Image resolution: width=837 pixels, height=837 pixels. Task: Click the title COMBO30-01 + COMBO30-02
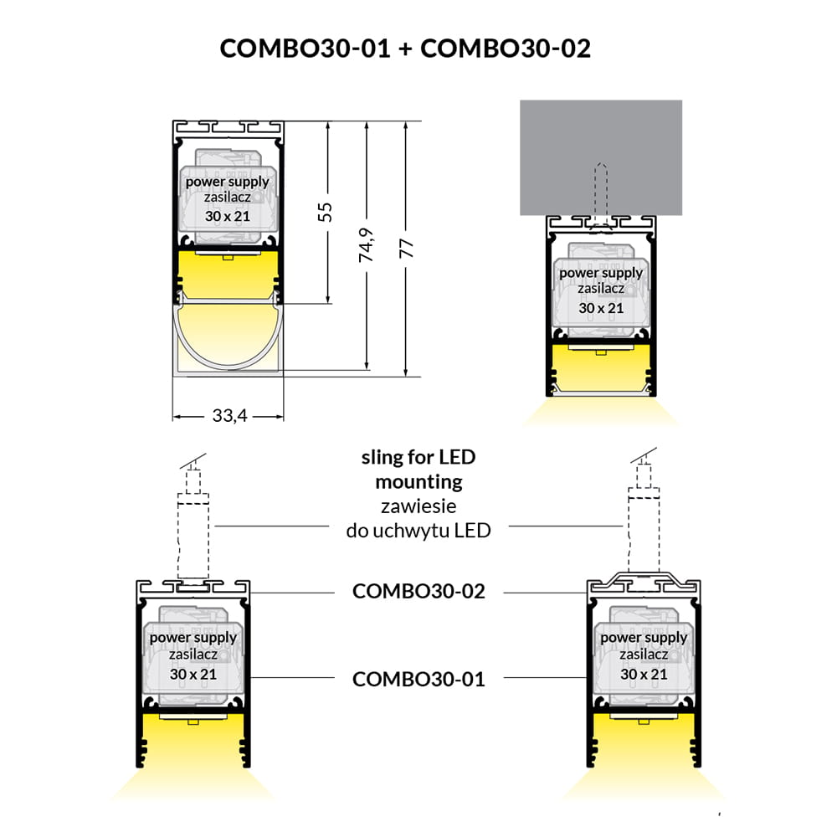click(x=405, y=48)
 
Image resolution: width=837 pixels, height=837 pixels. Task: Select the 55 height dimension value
click(x=327, y=211)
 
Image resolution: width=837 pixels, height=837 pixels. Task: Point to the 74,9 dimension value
click(x=366, y=246)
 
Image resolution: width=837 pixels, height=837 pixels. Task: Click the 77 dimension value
click(x=405, y=246)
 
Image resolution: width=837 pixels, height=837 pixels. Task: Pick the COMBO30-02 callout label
click(x=418, y=591)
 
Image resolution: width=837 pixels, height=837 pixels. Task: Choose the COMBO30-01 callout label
click(x=418, y=678)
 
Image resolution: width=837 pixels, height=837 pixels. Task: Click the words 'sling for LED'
click(x=418, y=457)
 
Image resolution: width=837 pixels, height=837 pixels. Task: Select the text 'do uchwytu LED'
click(x=418, y=529)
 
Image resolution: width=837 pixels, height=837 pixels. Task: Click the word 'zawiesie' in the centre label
click(x=418, y=506)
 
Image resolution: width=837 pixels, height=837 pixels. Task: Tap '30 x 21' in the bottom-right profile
click(x=644, y=674)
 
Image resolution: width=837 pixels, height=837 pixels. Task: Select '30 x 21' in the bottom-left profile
click(x=193, y=674)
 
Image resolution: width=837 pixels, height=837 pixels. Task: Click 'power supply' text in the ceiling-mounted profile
click(x=601, y=273)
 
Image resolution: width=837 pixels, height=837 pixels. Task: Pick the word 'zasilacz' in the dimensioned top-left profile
click(x=228, y=198)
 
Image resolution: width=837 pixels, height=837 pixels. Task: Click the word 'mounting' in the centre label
click(x=418, y=482)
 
